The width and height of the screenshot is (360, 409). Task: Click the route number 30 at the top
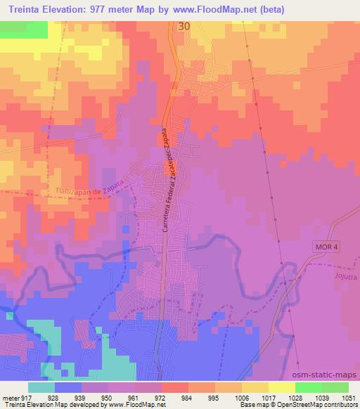point(184,26)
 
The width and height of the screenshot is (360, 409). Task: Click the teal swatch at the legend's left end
point(41,387)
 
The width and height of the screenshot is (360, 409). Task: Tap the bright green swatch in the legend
point(308,387)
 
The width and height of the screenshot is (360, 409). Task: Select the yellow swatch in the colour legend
point(281,387)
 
